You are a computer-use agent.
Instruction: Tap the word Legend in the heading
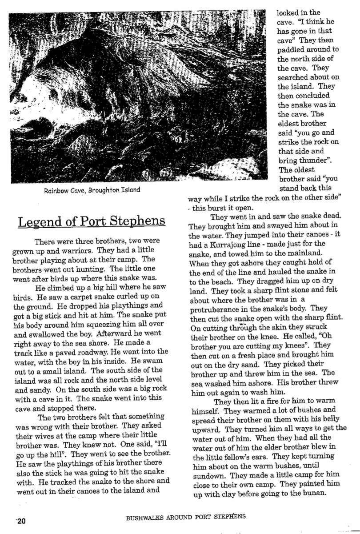point(38,221)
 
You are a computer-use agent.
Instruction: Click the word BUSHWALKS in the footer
point(146,517)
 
